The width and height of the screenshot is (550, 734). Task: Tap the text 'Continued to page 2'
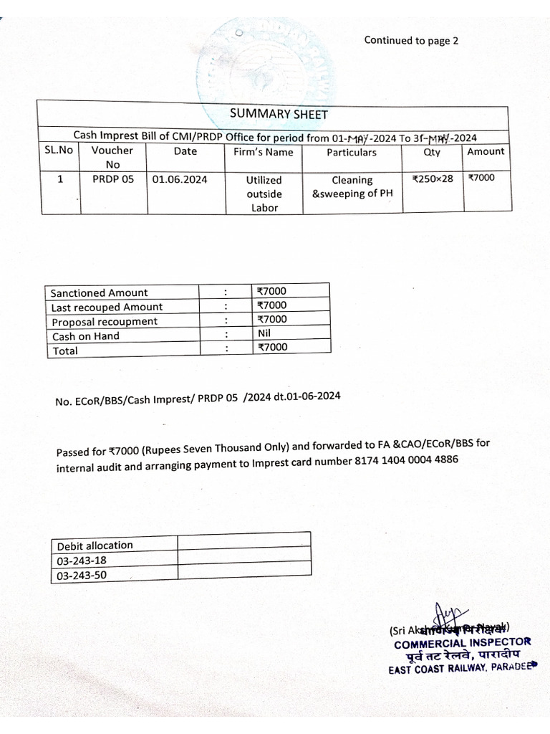coord(411,40)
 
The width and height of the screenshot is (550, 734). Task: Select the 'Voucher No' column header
coord(112,158)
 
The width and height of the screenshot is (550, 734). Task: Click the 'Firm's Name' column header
coord(264,152)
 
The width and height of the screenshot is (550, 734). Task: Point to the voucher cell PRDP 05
coord(112,180)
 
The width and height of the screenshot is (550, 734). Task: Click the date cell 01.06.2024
coord(180,180)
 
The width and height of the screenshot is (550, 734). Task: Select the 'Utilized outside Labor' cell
coord(264,194)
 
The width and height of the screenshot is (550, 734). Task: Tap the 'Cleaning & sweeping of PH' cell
coord(352,187)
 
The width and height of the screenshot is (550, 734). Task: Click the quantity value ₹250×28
coord(433,179)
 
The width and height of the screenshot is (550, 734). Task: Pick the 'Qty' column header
coord(433,152)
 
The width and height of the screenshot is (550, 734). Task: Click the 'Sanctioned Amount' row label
coord(99,292)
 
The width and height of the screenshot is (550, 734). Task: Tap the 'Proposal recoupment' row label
coord(104,321)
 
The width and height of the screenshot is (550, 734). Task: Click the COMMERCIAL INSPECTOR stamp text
coord(462,642)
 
